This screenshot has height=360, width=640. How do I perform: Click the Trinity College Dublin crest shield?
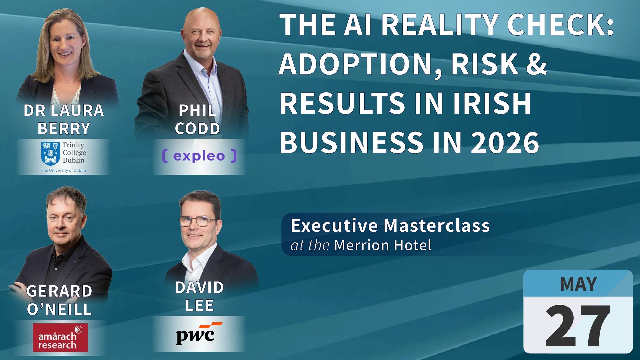[51, 153]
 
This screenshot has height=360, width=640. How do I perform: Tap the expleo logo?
[199, 156]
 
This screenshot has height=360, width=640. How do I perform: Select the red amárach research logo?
[60, 337]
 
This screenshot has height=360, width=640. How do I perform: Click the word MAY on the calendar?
[578, 284]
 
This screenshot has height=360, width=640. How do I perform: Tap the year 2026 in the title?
[505, 142]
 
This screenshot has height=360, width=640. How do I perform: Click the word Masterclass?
[436, 226]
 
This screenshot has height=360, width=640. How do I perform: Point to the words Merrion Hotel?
[383, 245]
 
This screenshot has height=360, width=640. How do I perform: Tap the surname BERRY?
[64, 129]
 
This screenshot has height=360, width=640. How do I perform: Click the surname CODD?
[197, 129]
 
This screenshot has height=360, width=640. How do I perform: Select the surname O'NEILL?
[59, 309]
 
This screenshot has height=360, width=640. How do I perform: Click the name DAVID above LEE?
[199, 287]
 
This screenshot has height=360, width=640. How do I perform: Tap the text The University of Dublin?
[63, 170]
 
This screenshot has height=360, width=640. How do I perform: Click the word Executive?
[334, 226]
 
